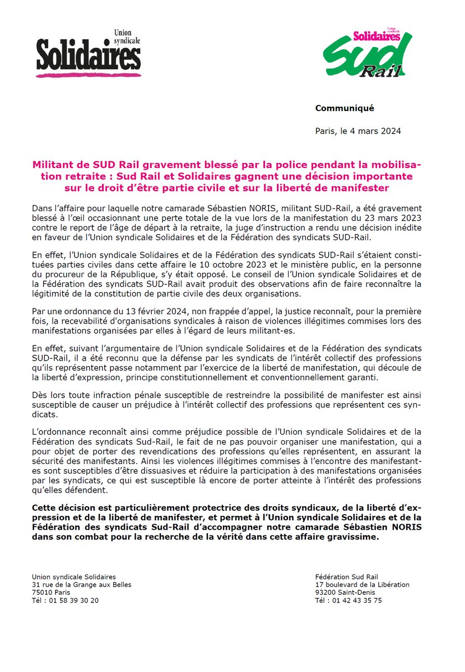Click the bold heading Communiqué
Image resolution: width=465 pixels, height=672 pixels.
[x=344, y=108]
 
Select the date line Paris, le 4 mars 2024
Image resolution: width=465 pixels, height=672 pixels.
[x=358, y=132]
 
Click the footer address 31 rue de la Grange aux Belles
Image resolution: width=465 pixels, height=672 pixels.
[x=82, y=585]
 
